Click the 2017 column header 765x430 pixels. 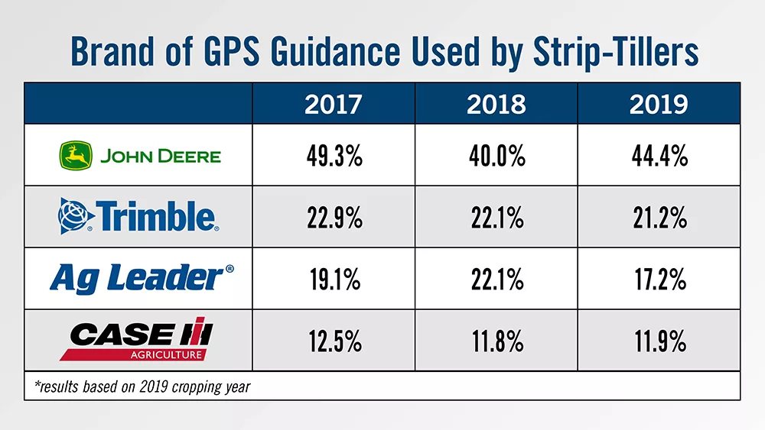(333, 105)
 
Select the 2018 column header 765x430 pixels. (496, 105)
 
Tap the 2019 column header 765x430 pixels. (658, 105)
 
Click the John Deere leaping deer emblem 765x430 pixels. (76, 156)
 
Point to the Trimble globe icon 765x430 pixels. (74, 217)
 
